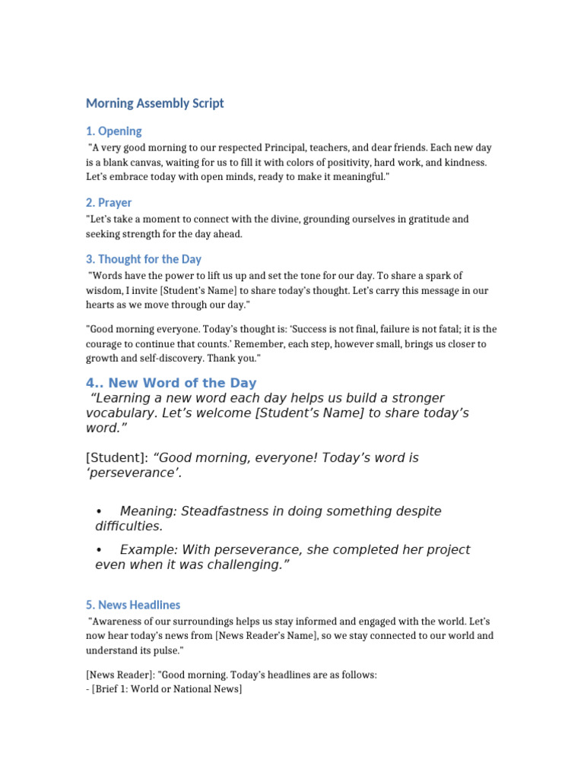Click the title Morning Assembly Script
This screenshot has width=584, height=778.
pyautogui.click(x=154, y=103)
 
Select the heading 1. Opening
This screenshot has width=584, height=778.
pyautogui.click(x=113, y=131)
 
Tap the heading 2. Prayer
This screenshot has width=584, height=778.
pyautogui.click(x=109, y=202)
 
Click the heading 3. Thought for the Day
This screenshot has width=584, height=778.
pyautogui.click(x=144, y=259)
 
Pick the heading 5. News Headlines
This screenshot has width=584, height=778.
pyautogui.click(x=133, y=605)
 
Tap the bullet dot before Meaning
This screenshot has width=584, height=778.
pyautogui.click(x=99, y=511)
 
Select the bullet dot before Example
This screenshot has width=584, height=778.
pyautogui.click(x=99, y=549)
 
